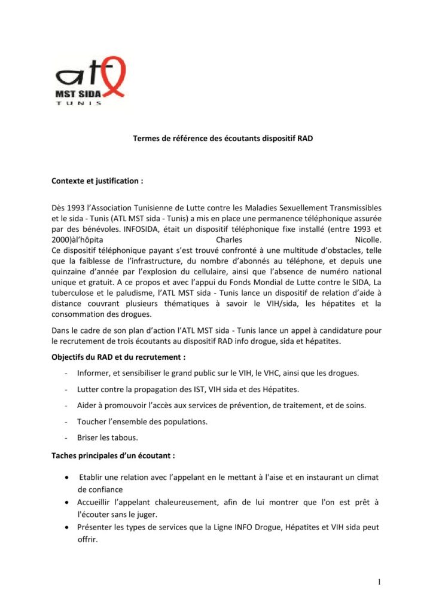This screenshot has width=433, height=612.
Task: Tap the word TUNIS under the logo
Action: [x=78, y=102]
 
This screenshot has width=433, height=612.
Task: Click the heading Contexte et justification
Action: [x=97, y=179]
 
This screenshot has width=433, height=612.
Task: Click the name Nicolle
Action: [x=364, y=239]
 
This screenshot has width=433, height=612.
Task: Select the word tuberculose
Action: [x=74, y=294]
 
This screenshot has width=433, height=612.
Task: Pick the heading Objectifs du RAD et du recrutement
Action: [x=118, y=357]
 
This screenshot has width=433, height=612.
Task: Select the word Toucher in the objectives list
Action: [x=91, y=422]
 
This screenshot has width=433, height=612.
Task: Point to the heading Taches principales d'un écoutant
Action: [x=113, y=455]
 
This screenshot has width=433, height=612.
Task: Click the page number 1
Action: [x=379, y=582]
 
